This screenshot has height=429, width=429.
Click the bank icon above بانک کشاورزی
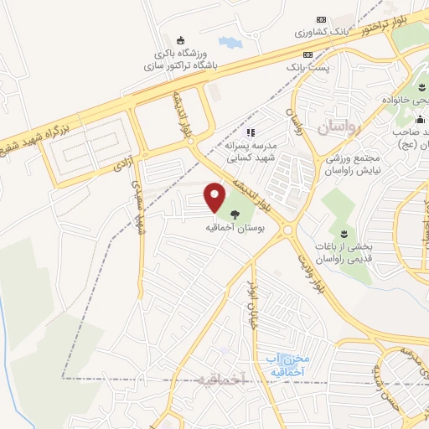coord(321,19)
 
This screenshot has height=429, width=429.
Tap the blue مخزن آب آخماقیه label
coord(287,365)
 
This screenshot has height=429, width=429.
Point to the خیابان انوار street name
coord(251,307)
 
